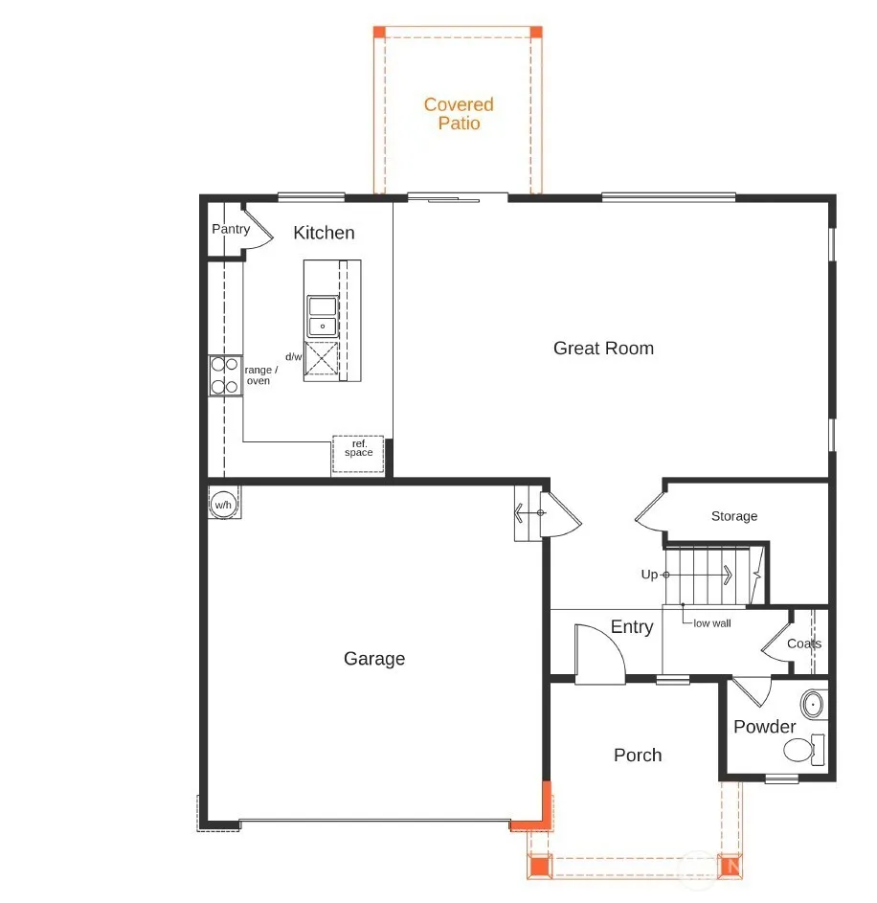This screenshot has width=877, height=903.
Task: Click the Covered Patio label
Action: click(x=459, y=113)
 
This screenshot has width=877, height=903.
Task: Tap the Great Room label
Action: click(x=603, y=348)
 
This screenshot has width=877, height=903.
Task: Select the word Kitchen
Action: click(x=324, y=233)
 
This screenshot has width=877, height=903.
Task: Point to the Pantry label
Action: click(x=231, y=229)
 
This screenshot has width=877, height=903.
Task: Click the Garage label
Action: click(x=374, y=658)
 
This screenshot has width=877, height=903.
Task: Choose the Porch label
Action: click(x=638, y=755)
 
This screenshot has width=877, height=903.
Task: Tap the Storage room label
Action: click(x=734, y=516)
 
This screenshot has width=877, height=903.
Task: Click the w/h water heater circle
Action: click(x=223, y=505)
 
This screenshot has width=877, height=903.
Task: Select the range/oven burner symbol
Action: click(x=225, y=375)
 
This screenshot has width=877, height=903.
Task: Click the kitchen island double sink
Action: click(x=323, y=316)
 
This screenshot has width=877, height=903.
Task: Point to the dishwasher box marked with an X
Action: click(x=321, y=357)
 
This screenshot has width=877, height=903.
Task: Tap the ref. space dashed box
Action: click(x=358, y=455)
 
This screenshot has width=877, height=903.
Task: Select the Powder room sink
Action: click(x=813, y=704)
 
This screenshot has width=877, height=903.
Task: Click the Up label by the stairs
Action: click(x=649, y=575)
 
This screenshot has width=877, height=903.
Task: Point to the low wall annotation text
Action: click(x=712, y=623)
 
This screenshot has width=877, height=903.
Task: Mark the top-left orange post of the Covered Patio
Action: click(x=379, y=32)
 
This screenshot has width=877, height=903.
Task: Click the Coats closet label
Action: click(x=804, y=643)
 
